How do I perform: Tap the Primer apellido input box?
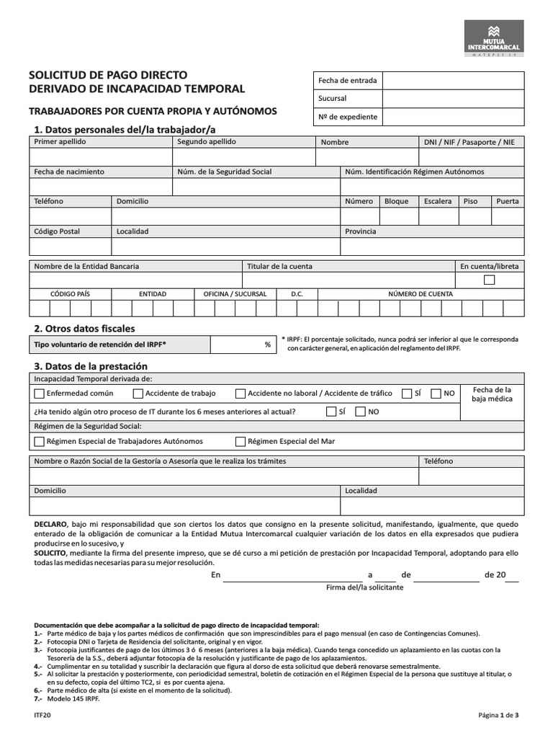(x=101, y=158)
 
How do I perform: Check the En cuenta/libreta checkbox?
(x=489, y=280)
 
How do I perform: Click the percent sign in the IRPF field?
(x=267, y=345)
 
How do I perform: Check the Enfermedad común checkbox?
(x=39, y=394)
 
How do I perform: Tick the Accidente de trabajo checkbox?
(x=138, y=394)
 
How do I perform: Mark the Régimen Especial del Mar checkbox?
(x=240, y=441)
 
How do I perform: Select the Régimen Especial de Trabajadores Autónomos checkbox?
(x=39, y=441)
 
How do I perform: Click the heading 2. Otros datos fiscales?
(x=84, y=329)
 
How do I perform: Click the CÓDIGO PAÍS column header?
(x=70, y=294)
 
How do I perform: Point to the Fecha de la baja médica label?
(x=493, y=394)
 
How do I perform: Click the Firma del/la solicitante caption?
(x=365, y=587)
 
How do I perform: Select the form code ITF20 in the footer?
(x=42, y=715)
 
